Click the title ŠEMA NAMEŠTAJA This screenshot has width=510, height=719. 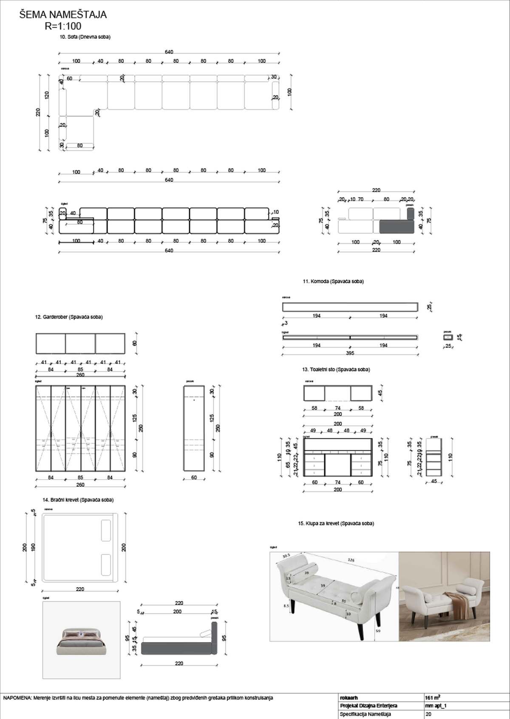(63, 15)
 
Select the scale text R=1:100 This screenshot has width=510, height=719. (63, 26)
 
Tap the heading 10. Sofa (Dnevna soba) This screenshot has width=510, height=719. (85, 37)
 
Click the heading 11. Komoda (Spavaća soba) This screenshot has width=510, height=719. (333, 282)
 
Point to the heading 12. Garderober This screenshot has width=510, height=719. (69, 317)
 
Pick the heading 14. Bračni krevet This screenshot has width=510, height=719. (78, 500)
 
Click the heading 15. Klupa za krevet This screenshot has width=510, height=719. (336, 524)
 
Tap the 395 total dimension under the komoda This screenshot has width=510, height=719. (350, 353)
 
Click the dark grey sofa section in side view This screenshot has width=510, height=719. (396, 227)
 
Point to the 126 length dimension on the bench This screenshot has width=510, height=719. (351, 560)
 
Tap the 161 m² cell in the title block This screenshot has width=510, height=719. (433, 698)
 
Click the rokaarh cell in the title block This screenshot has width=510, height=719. (349, 698)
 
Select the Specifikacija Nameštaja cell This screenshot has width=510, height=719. (365, 714)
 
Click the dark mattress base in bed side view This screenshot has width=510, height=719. (176, 648)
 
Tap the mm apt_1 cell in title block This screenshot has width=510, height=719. (436, 706)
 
